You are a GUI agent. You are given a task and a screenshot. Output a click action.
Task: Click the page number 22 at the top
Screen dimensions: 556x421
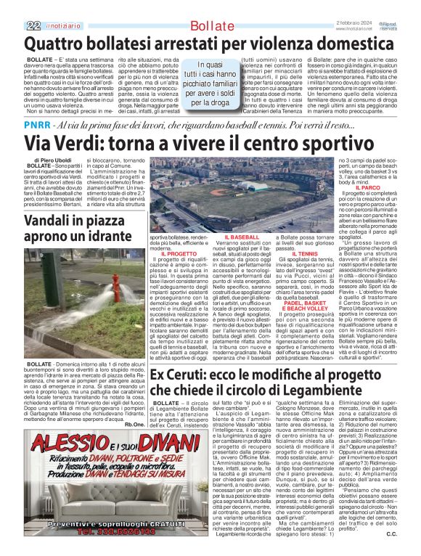pyautogui.click(x=33, y=25)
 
